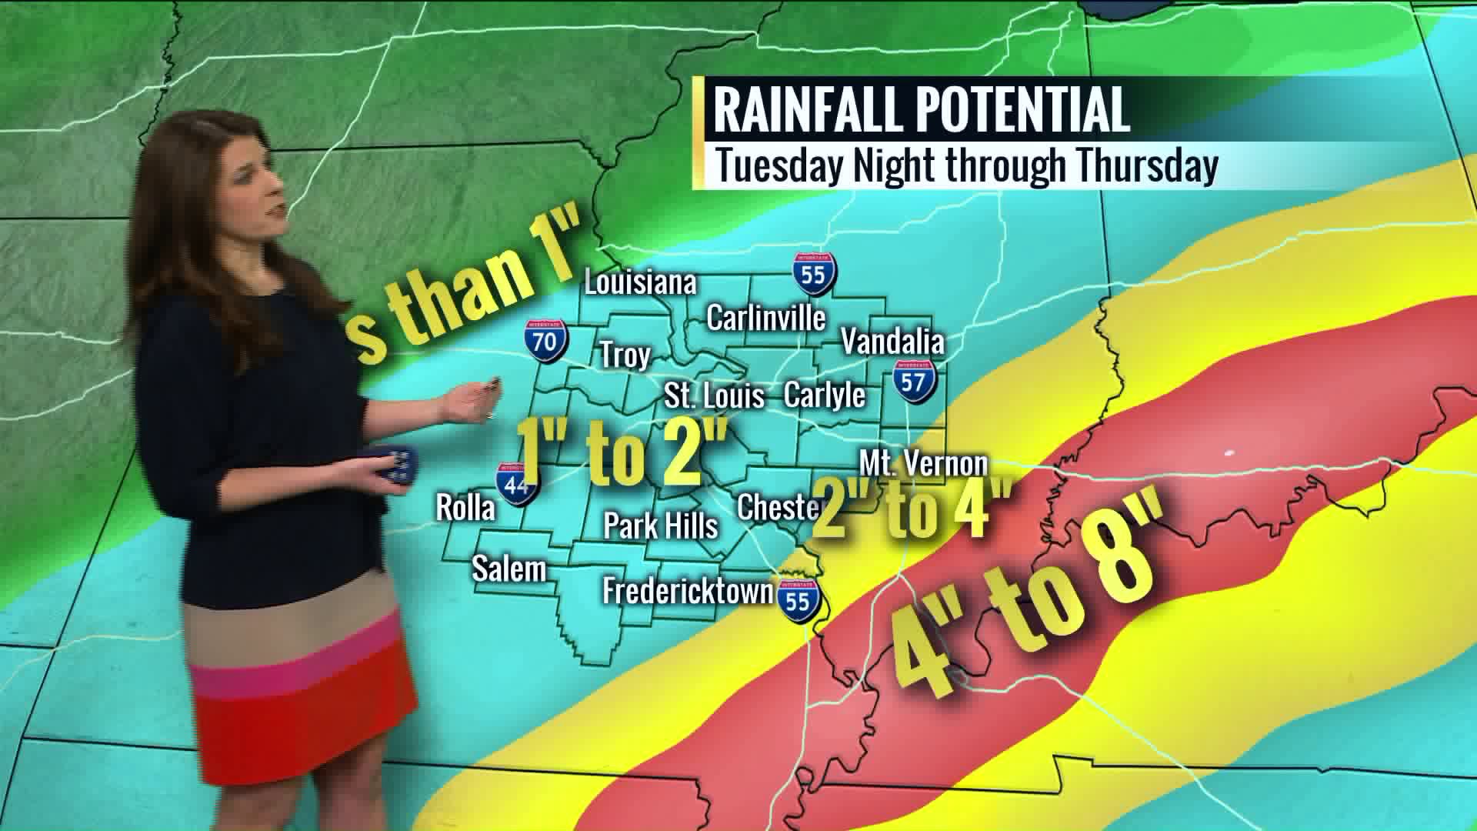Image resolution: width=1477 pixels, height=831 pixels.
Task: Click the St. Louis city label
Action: (714, 396)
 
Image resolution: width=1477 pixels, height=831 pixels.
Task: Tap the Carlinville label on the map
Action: (765, 318)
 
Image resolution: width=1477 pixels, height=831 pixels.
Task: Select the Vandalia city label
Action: (892, 341)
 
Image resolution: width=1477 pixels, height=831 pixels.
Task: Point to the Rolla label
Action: (465, 508)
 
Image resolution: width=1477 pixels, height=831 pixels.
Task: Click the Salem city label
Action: (508, 569)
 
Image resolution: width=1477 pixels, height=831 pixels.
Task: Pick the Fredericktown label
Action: (687, 591)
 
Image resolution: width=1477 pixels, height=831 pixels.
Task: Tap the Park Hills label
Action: (660, 526)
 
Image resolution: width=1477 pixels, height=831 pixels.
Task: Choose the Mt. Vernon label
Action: (923, 464)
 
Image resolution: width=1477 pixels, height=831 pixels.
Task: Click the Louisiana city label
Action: (640, 282)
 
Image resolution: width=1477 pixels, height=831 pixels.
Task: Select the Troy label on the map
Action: (625, 355)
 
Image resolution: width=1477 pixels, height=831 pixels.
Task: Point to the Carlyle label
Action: (824, 395)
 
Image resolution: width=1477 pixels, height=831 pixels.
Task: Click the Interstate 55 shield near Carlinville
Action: (814, 273)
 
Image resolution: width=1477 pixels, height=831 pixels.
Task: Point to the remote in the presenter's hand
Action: (398, 465)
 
